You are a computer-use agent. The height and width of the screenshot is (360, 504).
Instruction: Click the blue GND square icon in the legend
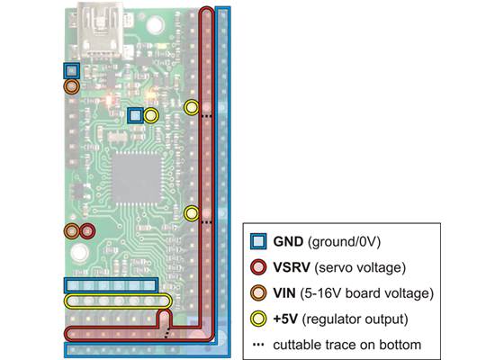pos(258,242)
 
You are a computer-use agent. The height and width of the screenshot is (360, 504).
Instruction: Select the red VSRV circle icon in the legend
pos(258,267)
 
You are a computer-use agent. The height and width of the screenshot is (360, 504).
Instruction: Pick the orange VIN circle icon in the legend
pos(258,292)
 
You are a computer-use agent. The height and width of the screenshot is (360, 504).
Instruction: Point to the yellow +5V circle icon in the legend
pos(258,318)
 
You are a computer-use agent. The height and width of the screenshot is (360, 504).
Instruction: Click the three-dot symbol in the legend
pos(258,344)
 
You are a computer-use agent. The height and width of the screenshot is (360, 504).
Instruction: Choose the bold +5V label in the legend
pos(286,318)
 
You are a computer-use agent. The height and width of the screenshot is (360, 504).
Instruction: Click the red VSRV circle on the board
pos(86,231)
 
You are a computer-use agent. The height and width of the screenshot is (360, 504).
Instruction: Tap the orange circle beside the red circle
pos(71,231)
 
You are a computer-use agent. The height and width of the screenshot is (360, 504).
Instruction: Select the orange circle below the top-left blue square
pos(71,87)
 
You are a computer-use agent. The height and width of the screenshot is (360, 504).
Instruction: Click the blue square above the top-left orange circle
pos(71,70)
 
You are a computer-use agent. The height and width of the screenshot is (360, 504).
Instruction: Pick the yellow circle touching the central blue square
pos(150,115)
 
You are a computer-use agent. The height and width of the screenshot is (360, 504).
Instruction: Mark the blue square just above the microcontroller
pos(135,115)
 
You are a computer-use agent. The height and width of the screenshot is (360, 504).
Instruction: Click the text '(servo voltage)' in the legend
pos(356,267)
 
